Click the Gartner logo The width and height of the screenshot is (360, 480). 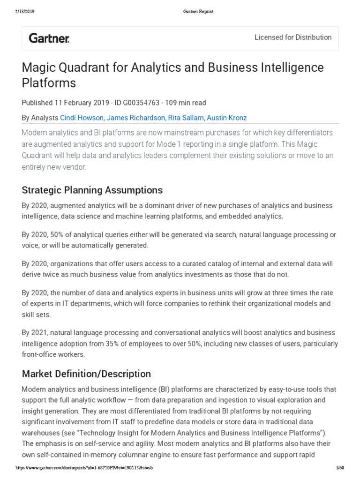[x=49, y=38]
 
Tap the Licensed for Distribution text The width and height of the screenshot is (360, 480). [x=292, y=37]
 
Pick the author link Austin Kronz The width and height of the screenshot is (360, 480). [x=226, y=118]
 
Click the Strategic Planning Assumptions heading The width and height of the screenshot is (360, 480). [x=92, y=190]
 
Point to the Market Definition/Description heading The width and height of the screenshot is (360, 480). [x=86, y=374]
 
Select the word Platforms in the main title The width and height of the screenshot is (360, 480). [x=49, y=83]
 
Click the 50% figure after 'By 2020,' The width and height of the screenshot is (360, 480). [x=60, y=234]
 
